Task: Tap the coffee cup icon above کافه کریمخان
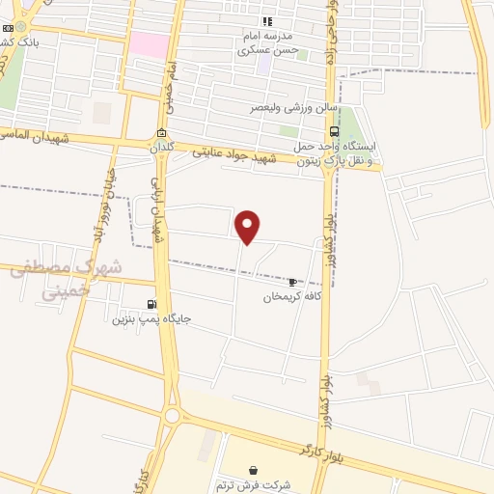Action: tap(292, 282)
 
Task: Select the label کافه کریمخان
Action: tap(291, 297)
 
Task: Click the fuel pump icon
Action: tap(151, 303)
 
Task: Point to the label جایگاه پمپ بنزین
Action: tap(151, 318)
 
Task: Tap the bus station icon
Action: tap(334, 131)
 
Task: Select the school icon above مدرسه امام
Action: tap(268, 21)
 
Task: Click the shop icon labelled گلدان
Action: tap(161, 133)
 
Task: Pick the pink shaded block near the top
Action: tap(149, 44)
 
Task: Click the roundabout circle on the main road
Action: tap(172, 416)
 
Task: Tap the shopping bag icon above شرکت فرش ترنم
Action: tap(253, 470)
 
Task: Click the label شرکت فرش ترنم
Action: tap(253, 485)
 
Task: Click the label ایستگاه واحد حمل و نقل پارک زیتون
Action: tap(351, 153)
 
